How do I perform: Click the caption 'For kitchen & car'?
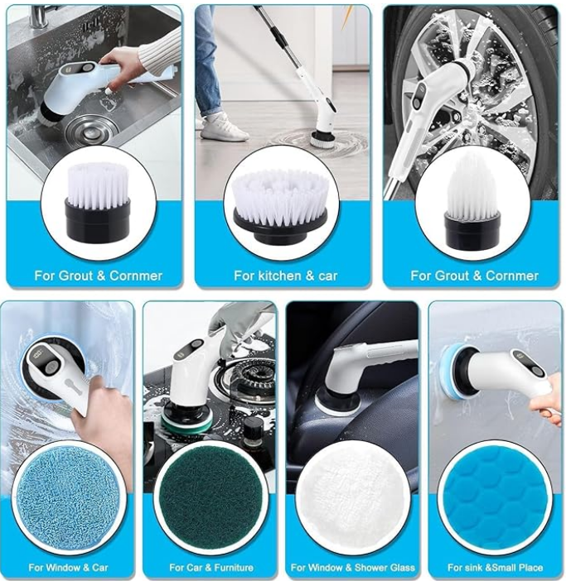tap(286, 276)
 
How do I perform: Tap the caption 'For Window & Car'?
tap(68, 568)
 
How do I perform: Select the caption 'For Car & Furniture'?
tap(211, 568)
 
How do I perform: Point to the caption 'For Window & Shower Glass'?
tap(353, 568)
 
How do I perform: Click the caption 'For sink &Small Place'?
tap(495, 568)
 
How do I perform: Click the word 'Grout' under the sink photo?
tap(77, 276)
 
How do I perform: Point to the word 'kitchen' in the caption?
tap(278, 276)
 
